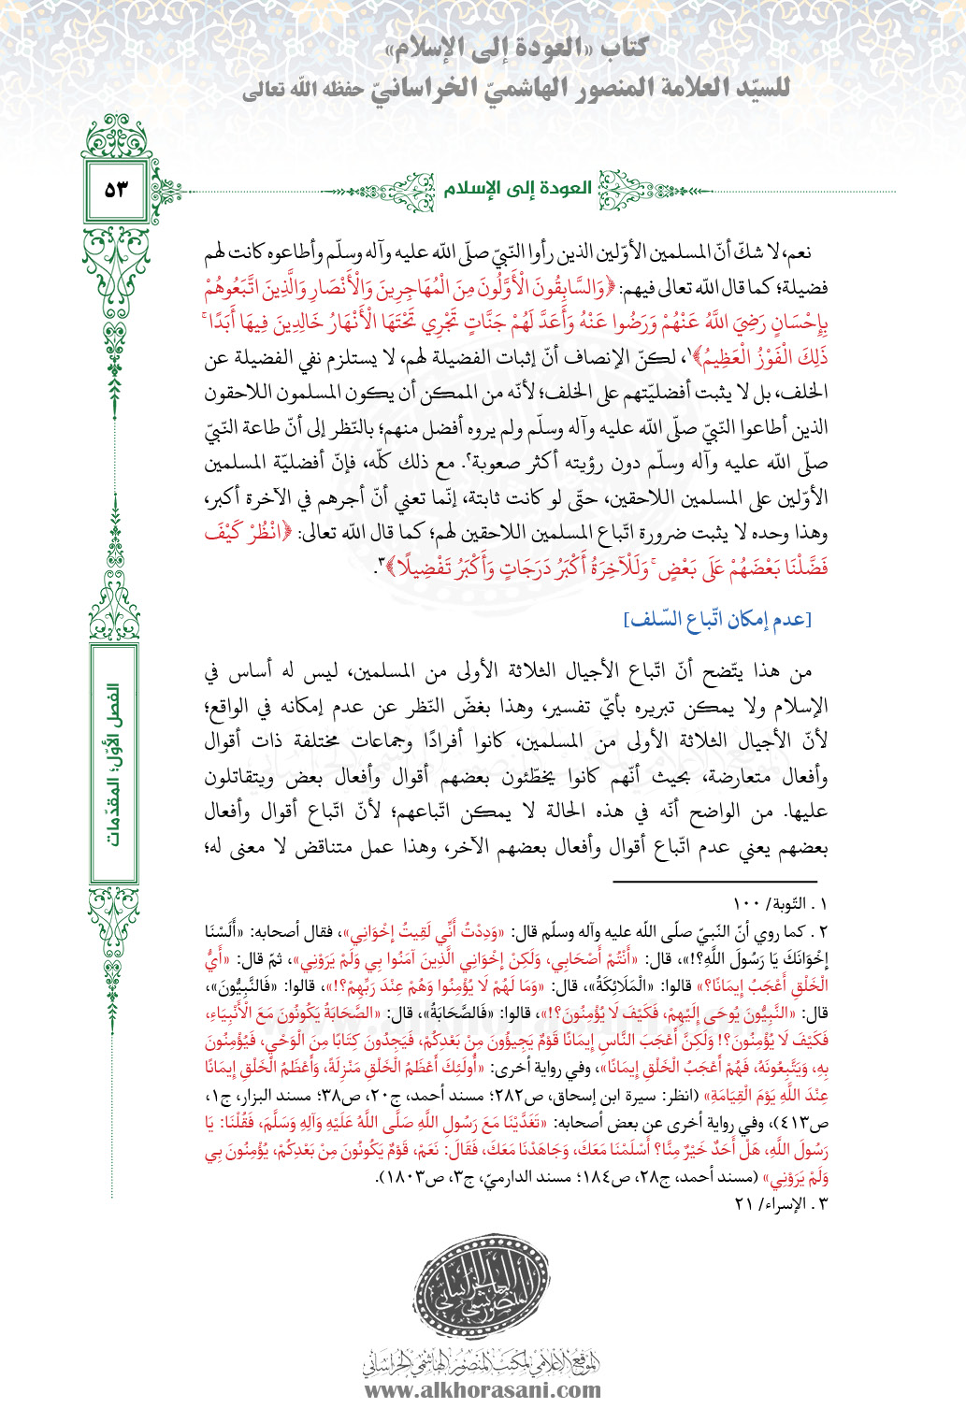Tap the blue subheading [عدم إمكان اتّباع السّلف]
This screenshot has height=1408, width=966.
pos(717,620)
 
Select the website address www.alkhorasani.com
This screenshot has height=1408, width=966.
pos(483,1389)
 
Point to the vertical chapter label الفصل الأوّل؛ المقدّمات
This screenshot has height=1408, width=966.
pos(115,765)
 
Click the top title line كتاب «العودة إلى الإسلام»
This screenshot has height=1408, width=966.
pos(516,49)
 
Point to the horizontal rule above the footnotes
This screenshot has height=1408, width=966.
pos(715,881)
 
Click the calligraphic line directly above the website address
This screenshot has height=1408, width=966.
pos(483,1360)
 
